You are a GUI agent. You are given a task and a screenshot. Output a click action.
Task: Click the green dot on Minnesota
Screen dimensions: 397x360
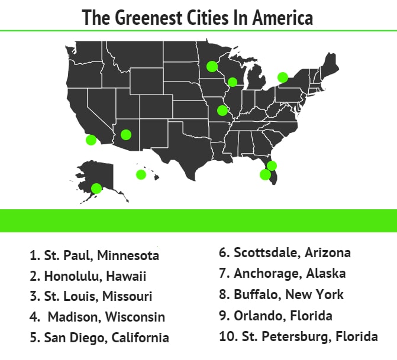[x=212, y=66]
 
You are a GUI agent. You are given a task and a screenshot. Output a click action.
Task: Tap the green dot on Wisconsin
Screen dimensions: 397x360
[x=233, y=82]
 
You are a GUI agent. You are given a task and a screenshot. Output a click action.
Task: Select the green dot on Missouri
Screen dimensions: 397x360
[x=222, y=110]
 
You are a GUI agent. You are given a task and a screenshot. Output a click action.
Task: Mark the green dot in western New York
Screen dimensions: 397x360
[x=283, y=77]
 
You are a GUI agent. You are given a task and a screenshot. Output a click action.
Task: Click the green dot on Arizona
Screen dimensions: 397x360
[x=125, y=134]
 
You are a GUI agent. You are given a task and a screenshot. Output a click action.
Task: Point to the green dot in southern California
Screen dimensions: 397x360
[x=91, y=140]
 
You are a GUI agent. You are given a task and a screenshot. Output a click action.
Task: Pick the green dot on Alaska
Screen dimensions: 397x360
[x=96, y=188]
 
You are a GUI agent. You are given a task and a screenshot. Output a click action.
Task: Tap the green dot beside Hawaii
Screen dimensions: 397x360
[x=141, y=174]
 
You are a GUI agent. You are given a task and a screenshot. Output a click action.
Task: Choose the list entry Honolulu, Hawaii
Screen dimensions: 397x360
[x=88, y=276]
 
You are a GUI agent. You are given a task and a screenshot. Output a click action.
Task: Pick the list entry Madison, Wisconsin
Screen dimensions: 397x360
[x=98, y=317]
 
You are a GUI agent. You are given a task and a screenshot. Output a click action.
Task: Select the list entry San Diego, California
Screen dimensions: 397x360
[x=99, y=338]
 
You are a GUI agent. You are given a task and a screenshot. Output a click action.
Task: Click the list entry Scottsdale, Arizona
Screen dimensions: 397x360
[x=285, y=253]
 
